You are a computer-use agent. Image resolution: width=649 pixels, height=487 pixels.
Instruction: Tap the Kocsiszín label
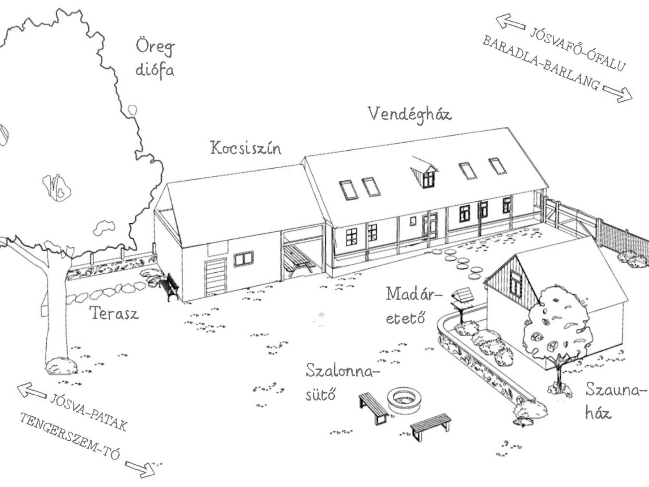tap(246, 148)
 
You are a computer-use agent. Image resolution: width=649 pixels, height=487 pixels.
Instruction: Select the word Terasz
tap(114, 313)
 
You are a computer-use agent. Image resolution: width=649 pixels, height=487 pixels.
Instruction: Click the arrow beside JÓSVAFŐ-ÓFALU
tap(510, 22)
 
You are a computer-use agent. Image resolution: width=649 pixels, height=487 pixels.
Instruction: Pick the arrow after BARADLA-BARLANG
tap(617, 94)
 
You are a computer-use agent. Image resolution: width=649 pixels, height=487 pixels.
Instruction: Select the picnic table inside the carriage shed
tap(299, 260)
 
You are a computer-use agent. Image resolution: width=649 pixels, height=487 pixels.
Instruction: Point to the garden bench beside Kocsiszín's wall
tap(170, 287)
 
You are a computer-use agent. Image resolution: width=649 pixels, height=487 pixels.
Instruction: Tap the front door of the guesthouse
tap(430, 226)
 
